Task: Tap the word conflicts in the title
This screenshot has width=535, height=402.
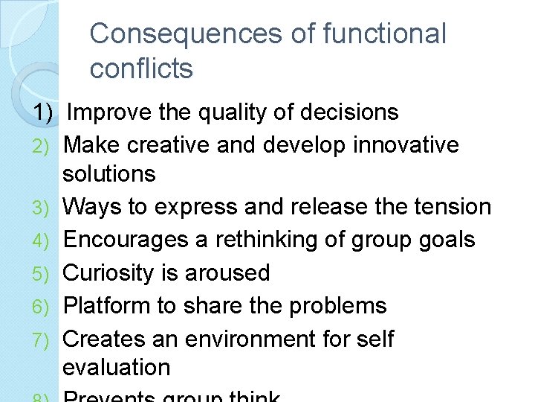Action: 141,68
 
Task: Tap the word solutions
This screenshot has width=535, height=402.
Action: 109,173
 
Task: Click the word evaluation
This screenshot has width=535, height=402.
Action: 117,367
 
